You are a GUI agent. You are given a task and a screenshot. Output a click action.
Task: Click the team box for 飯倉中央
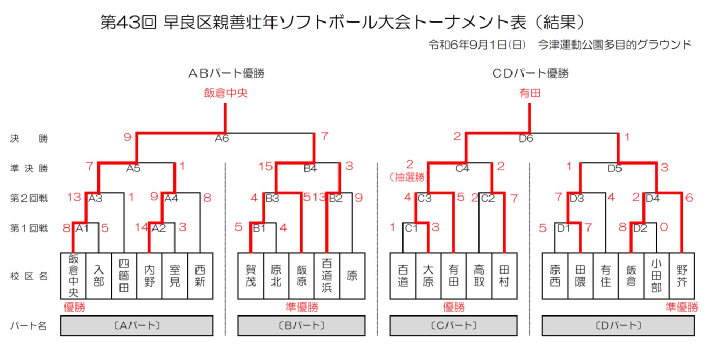pyautogui.click(x=73, y=275)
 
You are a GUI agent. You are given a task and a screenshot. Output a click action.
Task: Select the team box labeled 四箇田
pyautogui.click(x=124, y=275)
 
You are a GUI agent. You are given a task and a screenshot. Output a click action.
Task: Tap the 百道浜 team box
pyautogui.click(x=327, y=275)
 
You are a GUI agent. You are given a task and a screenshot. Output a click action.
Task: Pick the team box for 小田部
pyautogui.click(x=656, y=275)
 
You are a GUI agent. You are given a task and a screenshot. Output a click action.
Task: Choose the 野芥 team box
pyautogui.click(x=682, y=275)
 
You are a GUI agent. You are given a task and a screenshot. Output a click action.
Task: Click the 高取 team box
pyautogui.click(x=479, y=275)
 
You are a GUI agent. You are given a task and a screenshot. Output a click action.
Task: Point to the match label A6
pyautogui.click(x=222, y=139)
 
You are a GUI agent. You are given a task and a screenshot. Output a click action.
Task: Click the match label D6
pyautogui.click(x=526, y=139)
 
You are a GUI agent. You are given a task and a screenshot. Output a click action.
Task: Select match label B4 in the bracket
pyautogui.click(x=310, y=169)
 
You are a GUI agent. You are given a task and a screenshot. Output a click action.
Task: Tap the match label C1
pyautogui.click(x=411, y=228)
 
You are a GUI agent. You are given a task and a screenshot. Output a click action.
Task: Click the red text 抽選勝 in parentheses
pyautogui.click(x=409, y=178)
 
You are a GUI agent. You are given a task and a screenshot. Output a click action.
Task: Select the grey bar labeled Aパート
pyautogui.click(x=137, y=325)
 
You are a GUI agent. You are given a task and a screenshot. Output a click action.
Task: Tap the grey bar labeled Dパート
pyautogui.click(x=618, y=325)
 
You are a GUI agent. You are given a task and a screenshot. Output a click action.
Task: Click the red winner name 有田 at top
pyautogui.click(x=529, y=94)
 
